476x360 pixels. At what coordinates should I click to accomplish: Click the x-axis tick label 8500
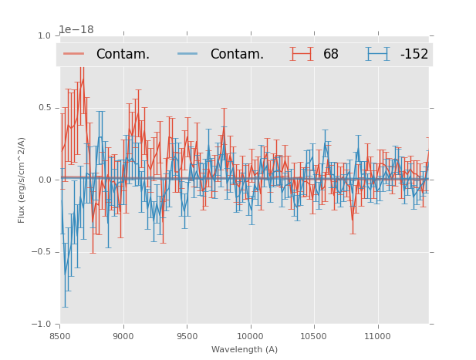pyautogui.click(x=60, y=335)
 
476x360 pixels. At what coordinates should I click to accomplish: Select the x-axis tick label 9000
pyautogui.click(x=123, y=335)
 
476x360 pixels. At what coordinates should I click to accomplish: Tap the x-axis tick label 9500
pyautogui.click(x=187, y=335)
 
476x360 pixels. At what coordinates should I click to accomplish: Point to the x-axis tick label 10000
pyautogui.click(x=250, y=335)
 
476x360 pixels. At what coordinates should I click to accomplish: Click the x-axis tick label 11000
pyautogui.click(x=377, y=335)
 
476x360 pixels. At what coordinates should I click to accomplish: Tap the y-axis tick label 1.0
pyautogui.click(x=44, y=35)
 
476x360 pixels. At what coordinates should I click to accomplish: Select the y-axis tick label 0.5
pyautogui.click(x=44, y=108)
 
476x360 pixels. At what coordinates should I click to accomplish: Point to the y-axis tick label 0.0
pyautogui.click(x=44, y=180)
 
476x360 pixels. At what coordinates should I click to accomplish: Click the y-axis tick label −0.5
pyautogui.click(x=42, y=252)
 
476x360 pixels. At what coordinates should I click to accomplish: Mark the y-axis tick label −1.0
pyautogui.click(x=42, y=324)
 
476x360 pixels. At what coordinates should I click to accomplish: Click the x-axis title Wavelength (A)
pyautogui.click(x=245, y=349)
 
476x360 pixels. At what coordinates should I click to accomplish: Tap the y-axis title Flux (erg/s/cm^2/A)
pyautogui.click(x=22, y=180)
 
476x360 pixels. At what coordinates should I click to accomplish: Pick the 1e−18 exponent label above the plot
pyautogui.click(x=76, y=30)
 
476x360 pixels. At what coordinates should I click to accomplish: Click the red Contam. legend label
pyautogui.click(x=123, y=54)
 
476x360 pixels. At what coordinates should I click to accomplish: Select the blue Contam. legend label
pyautogui.click(x=237, y=54)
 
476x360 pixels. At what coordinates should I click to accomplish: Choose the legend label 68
pyautogui.click(x=331, y=54)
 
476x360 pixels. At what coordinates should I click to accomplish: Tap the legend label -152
pyautogui.click(x=414, y=54)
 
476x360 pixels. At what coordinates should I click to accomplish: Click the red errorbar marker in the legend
pyautogui.click(x=302, y=54)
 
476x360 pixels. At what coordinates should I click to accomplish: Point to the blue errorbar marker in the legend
pyautogui.click(x=377, y=54)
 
